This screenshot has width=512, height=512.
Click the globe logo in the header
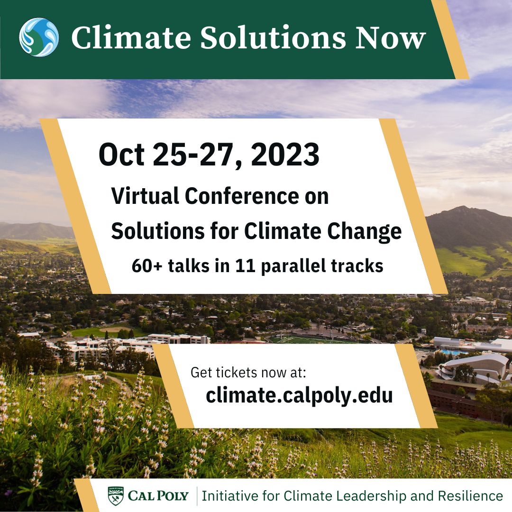39,37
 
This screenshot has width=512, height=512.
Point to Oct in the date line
121,155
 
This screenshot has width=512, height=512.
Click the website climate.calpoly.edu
299,395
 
